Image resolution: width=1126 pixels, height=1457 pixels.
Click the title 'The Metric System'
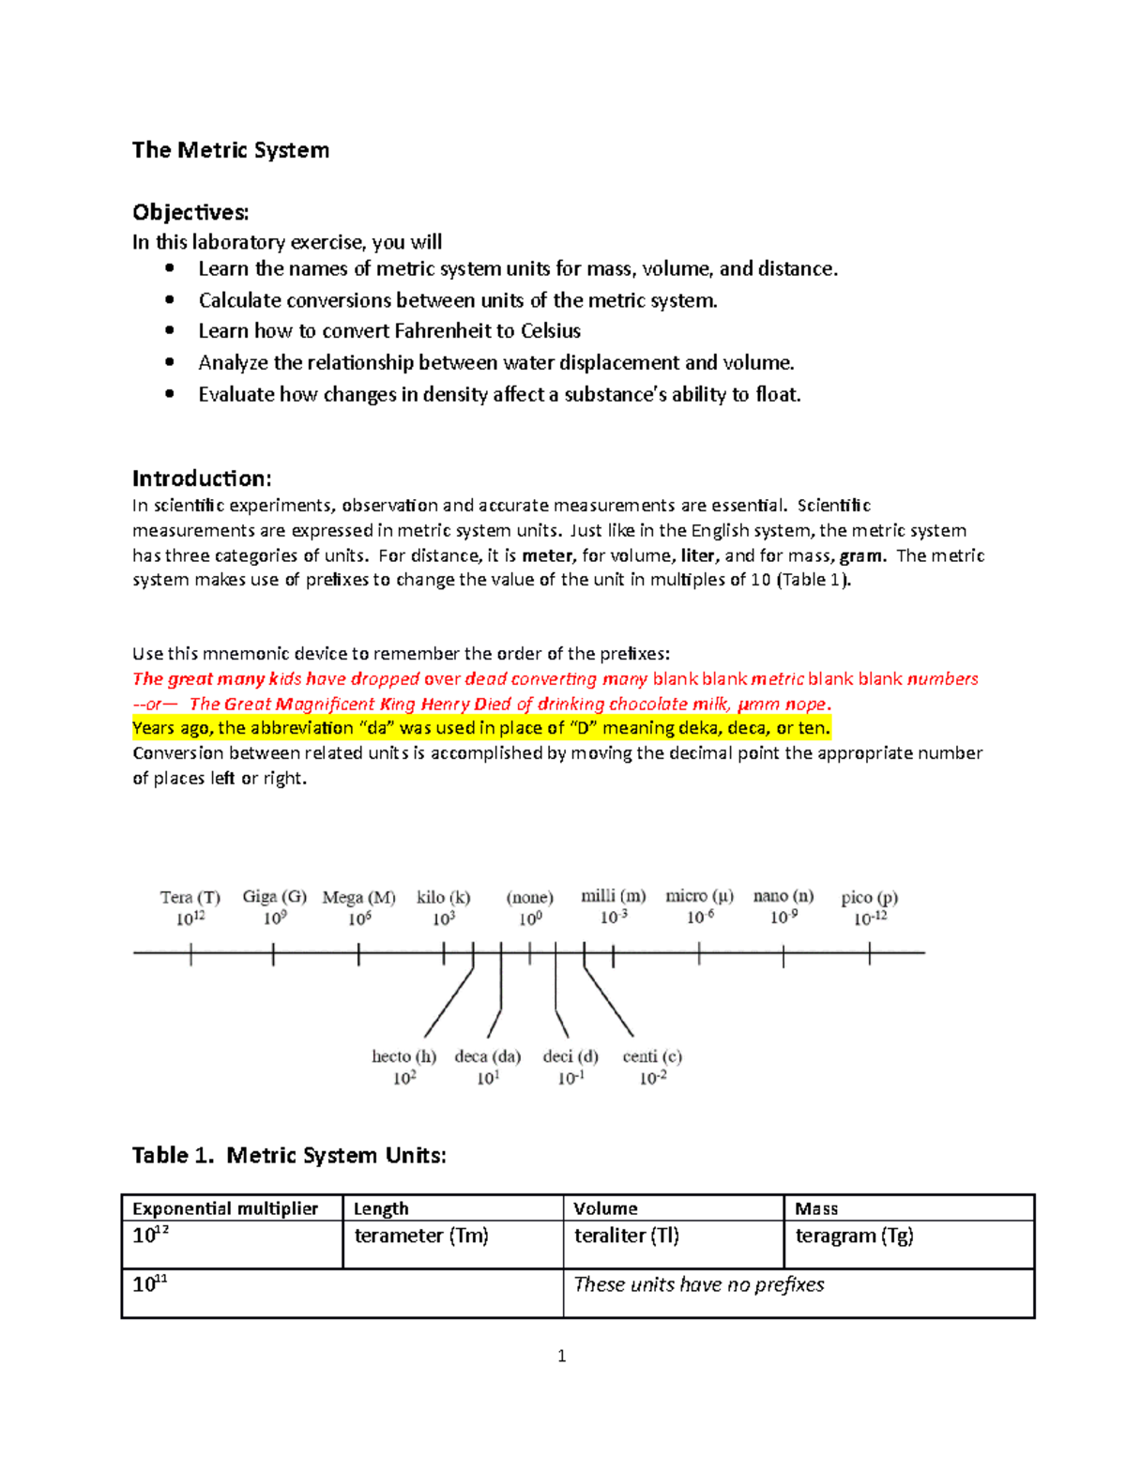pyautogui.click(x=230, y=150)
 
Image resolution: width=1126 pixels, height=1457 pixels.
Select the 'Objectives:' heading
pyautogui.click(x=190, y=212)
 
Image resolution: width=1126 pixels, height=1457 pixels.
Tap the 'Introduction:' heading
pyautogui.click(x=202, y=478)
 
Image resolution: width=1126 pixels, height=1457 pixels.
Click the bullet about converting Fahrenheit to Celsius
pyautogui.click(x=388, y=331)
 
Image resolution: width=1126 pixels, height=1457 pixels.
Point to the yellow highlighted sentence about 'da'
pyautogui.click(x=481, y=728)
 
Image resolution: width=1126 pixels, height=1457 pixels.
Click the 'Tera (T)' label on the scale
pyautogui.click(x=190, y=897)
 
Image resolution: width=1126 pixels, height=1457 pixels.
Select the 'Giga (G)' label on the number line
pyautogui.click(x=274, y=896)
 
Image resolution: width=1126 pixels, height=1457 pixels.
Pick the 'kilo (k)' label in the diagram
pyautogui.click(x=443, y=897)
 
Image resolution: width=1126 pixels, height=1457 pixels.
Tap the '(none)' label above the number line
pyautogui.click(x=529, y=897)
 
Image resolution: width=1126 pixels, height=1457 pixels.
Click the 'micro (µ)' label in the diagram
pyautogui.click(x=699, y=896)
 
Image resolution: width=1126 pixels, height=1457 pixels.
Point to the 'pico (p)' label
pyautogui.click(x=869, y=897)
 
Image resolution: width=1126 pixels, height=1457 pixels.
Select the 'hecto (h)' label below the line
pyautogui.click(x=403, y=1056)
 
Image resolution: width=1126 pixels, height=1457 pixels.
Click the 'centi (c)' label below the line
pyautogui.click(x=652, y=1056)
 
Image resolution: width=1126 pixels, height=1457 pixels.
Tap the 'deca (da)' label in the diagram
pyautogui.click(x=487, y=1056)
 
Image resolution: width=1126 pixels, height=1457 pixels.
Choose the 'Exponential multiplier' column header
pyautogui.click(x=225, y=1208)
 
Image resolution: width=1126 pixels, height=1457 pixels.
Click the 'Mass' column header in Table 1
pyautogui.click(x=816, y=1208)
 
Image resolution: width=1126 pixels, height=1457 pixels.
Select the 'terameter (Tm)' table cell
pyautogui.click(x=421, y=1236)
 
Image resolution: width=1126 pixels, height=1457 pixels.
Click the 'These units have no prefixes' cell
pyautogui.click(x=698, y=1284)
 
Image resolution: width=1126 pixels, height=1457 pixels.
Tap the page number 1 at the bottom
pyautogui.click(x=561, y=1356)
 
